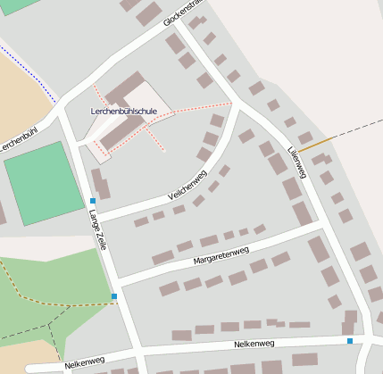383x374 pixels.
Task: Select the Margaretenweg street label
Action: pos(220,257)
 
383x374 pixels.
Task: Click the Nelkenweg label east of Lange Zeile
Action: pos(254,344)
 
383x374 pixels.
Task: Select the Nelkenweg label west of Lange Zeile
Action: pos(85,364)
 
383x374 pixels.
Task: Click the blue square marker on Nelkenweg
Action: pos(349,340)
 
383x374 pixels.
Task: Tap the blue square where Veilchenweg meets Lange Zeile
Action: pos(93,202)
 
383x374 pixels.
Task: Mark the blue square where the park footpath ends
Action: pos(114,296)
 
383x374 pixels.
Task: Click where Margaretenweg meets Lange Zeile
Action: pos(118,284)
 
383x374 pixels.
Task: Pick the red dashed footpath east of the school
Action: pos(196,110)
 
